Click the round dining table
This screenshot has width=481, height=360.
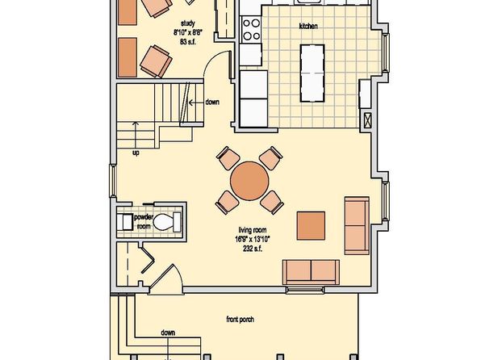tap(249, 181)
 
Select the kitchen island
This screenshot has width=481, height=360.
tap(312, 73)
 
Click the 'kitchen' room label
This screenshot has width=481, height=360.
tap(308, 27)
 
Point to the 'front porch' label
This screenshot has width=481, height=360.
tap(240, 320)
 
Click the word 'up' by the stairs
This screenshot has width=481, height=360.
tap(136, 153)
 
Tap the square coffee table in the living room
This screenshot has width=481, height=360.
tap(311, 225)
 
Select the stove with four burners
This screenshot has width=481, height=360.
tap(251, 30)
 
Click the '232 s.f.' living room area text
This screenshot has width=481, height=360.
tap(253, 249)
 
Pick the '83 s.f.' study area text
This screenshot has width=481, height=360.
tap(188, 42)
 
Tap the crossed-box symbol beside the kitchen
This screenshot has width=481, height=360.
tap(367, 120)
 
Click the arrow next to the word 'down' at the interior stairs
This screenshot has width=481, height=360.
tap(196, 103)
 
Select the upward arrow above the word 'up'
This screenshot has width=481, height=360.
tap(136, 135)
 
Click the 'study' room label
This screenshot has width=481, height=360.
tap(188, 23)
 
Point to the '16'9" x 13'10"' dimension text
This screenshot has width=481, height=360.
tap(253, 240)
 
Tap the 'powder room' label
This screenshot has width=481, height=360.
tap(144, 222)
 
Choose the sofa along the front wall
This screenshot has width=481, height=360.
tap(311, 272)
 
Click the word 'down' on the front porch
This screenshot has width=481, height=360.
tap(168, 333)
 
